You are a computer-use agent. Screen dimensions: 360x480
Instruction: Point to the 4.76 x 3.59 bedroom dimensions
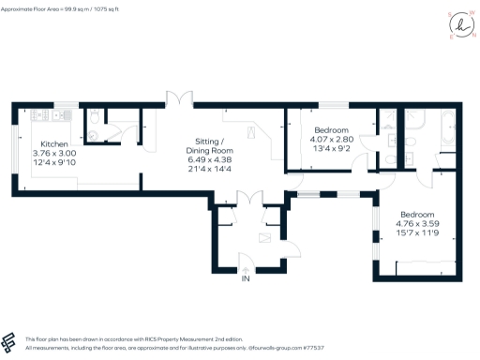tap(418, 224)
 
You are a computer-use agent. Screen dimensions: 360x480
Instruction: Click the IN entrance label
tap(246, 279)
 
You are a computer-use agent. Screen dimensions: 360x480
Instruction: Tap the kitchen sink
tap(58, 115)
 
